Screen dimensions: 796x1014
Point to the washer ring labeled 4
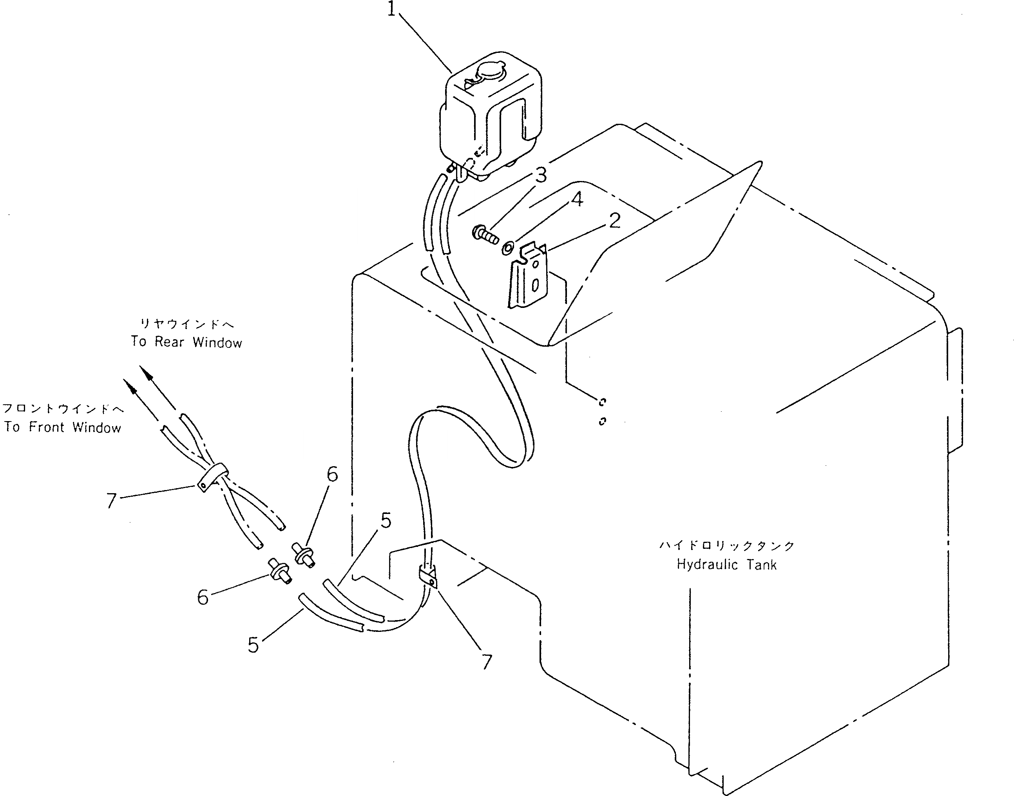pyautogui.click(x=508, y=248)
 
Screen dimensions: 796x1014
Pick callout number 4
pyautogui.click(x=577, y=199)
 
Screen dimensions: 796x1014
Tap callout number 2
pyautogui.click(x=615, y=221)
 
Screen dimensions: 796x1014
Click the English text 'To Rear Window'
pyautogui.click(x=187, y=342)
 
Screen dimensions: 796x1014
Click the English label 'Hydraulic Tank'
pyautogui.click(x=726, y=565)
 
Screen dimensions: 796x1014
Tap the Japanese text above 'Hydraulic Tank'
pyautogui.click(x=726, y=545)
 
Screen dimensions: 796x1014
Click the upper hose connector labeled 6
pyautogui.click(x=304, y=555)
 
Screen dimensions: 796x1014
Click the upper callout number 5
pyautogui.click(x=386, y=521)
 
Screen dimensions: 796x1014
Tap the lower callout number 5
pyautogui.click(x=253, y=645)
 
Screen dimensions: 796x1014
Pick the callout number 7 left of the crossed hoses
pyautogui.click(x=111, y=501)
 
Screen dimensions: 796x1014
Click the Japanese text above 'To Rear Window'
pyautogui.click(x=187, y=324)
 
